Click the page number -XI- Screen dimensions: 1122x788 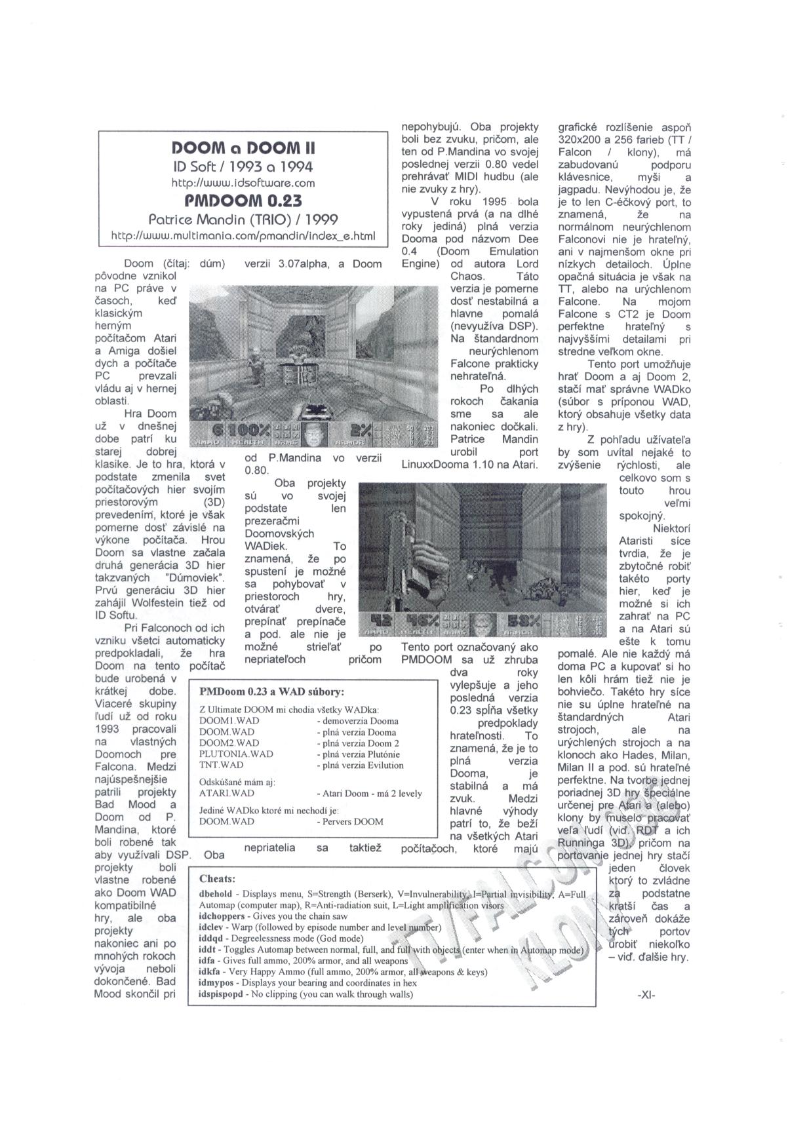pos(646,994)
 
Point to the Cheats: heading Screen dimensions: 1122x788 pos(217,879)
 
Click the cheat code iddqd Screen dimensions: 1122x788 pos(212,938)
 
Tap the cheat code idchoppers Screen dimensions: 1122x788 pos(221,916)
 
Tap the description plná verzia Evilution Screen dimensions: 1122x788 pos(360,765)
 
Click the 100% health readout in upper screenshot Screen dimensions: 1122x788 pos(250,430)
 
